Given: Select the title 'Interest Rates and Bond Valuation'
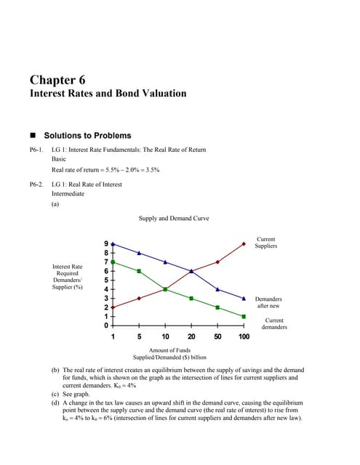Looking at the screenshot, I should point(108,94).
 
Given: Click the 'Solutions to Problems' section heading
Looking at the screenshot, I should point(87,135).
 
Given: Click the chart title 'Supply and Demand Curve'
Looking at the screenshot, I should point(173,217).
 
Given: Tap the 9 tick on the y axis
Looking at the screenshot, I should point(107,243).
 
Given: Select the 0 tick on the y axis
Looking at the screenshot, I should point(107,325).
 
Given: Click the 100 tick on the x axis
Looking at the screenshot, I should point(244,337).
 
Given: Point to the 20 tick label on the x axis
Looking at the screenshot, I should point(191,337).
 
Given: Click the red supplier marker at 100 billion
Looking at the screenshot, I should point(244,243).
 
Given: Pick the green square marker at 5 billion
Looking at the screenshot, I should point(139,271).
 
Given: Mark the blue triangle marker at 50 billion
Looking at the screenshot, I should point(217,289).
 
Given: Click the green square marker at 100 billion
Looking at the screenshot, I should point(244,317).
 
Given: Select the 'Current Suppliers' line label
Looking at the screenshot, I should point(266,243).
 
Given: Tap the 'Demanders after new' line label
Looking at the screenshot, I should point(268,302).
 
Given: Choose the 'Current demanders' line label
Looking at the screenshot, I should point(274,323).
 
